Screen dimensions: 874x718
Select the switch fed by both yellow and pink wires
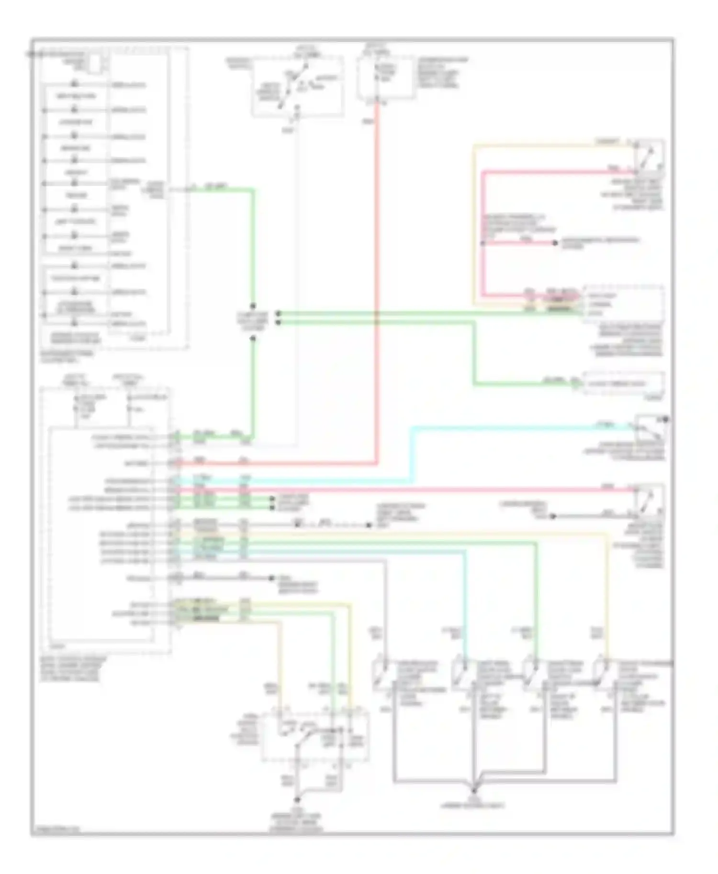coord(648,156)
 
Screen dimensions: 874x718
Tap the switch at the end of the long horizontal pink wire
coord(649,500)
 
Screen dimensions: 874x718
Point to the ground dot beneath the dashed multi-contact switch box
coord(297,799)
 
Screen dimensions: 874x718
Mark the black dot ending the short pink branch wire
coord(555,243)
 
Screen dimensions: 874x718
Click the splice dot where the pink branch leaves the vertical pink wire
coord(483,243)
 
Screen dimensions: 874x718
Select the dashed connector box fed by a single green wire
coord(623,383)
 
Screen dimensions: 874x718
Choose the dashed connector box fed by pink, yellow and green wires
coord(623,304)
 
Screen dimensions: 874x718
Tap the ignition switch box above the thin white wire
coord(297,86)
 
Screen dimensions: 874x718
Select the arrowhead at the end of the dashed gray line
coord(369,525)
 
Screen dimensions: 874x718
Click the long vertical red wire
coord(377,287)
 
